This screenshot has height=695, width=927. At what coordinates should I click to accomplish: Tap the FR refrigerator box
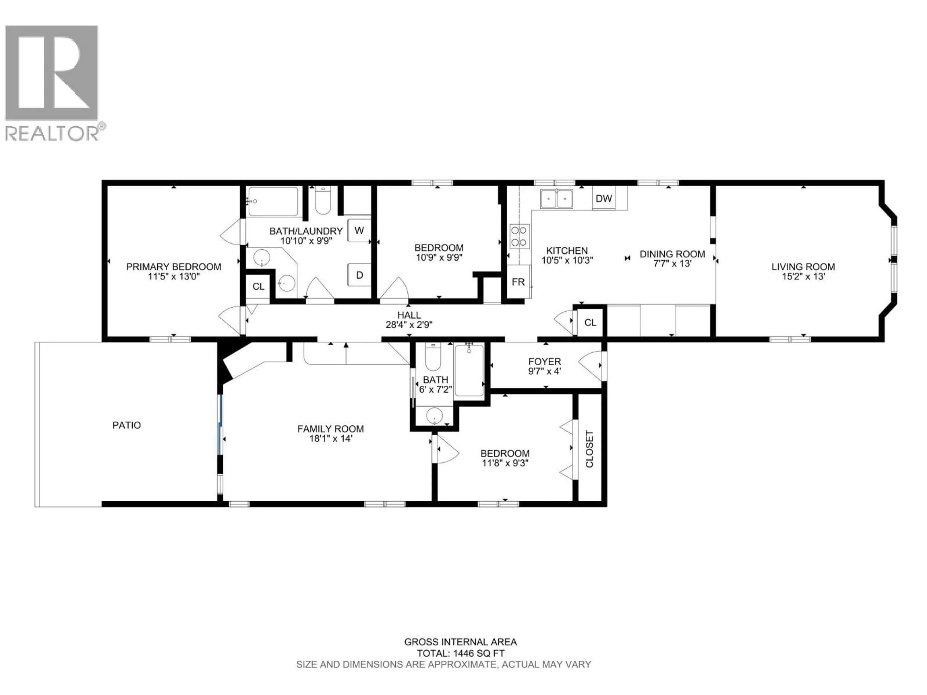click(518, 282)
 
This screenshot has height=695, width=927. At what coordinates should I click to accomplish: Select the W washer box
click(359, 230)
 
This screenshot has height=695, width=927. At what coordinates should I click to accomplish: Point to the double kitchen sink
click(556, 199)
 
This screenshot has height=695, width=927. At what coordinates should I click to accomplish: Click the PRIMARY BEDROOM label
click(174, 266)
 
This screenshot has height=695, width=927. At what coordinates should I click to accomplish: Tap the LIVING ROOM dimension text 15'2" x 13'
click(803, 277)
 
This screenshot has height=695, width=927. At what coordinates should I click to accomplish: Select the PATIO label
click(126, 425)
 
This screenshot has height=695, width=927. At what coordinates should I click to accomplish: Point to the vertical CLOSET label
click(589, 449)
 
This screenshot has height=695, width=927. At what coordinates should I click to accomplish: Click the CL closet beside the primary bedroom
click(258, 286)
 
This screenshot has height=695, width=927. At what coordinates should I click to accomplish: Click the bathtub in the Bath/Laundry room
click(273, 202)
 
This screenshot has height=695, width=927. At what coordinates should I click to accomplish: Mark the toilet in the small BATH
click(433, 357)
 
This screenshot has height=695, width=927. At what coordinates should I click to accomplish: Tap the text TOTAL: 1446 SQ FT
click(460, 653)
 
